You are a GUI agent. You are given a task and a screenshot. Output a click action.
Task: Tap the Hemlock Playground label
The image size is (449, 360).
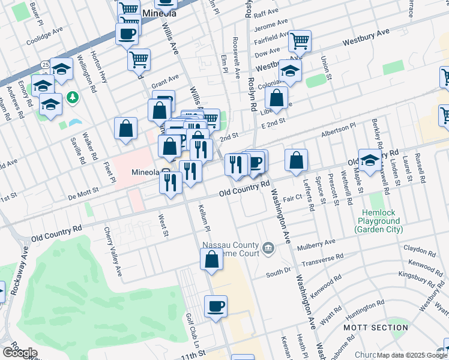384,221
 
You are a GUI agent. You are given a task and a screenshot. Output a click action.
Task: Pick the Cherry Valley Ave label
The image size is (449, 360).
113,252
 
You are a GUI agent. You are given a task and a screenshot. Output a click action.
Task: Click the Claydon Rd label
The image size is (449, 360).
419,248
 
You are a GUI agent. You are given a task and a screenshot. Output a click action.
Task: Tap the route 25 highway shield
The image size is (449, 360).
46,64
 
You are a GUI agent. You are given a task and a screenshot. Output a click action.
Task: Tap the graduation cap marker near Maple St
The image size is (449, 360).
370,160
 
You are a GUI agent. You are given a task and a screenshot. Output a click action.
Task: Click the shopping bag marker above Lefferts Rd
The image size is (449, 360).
296,160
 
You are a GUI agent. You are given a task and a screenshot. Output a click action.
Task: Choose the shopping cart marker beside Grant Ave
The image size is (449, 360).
139,59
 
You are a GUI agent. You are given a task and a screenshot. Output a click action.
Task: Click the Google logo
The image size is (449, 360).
20,353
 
